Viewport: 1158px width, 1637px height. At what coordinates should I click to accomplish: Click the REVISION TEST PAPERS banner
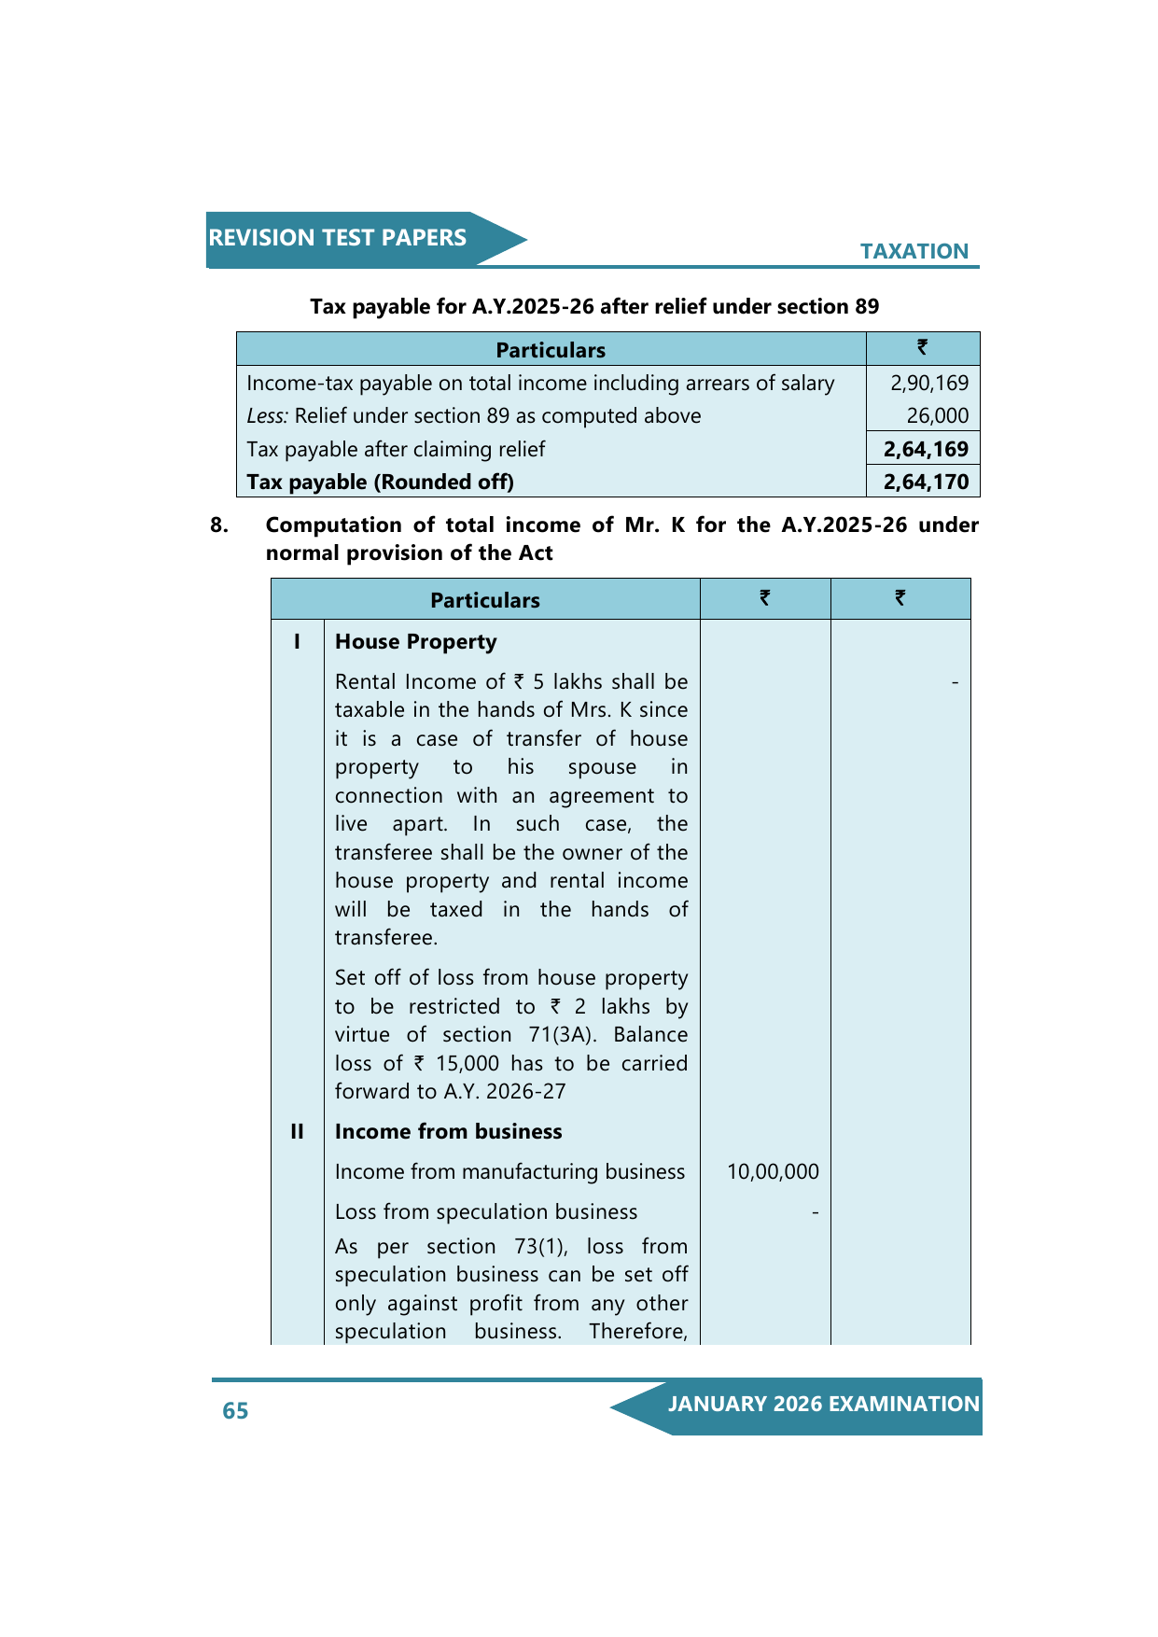point(338,238)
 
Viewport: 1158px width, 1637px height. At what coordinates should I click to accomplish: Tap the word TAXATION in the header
point(914,251)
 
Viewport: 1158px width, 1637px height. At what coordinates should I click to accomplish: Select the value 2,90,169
point(928,383)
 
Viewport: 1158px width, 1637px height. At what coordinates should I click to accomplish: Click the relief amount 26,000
point(937,415)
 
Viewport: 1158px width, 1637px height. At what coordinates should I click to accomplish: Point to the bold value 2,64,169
point(926,449)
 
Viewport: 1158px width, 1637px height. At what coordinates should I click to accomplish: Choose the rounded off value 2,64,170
point(926,482)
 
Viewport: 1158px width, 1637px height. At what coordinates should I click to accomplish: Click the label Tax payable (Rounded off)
point(380,482)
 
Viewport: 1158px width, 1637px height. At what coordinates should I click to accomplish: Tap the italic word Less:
point(267,415)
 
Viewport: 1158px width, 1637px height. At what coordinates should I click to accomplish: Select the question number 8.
point(219,525)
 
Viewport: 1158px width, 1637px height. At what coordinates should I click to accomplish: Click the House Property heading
point(415,641)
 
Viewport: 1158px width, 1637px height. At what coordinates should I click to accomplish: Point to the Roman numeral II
point(297,1131)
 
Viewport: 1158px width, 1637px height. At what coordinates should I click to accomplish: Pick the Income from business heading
point(448,1131)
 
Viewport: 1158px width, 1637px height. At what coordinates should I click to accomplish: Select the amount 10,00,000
point(773,1171)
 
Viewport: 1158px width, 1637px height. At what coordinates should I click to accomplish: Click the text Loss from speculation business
point(486,1211)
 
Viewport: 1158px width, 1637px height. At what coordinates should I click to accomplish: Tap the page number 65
point(235,1410)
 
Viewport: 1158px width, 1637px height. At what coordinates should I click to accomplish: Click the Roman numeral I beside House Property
point(297,641)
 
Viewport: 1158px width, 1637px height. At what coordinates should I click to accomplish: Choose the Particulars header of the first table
point(550,350)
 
